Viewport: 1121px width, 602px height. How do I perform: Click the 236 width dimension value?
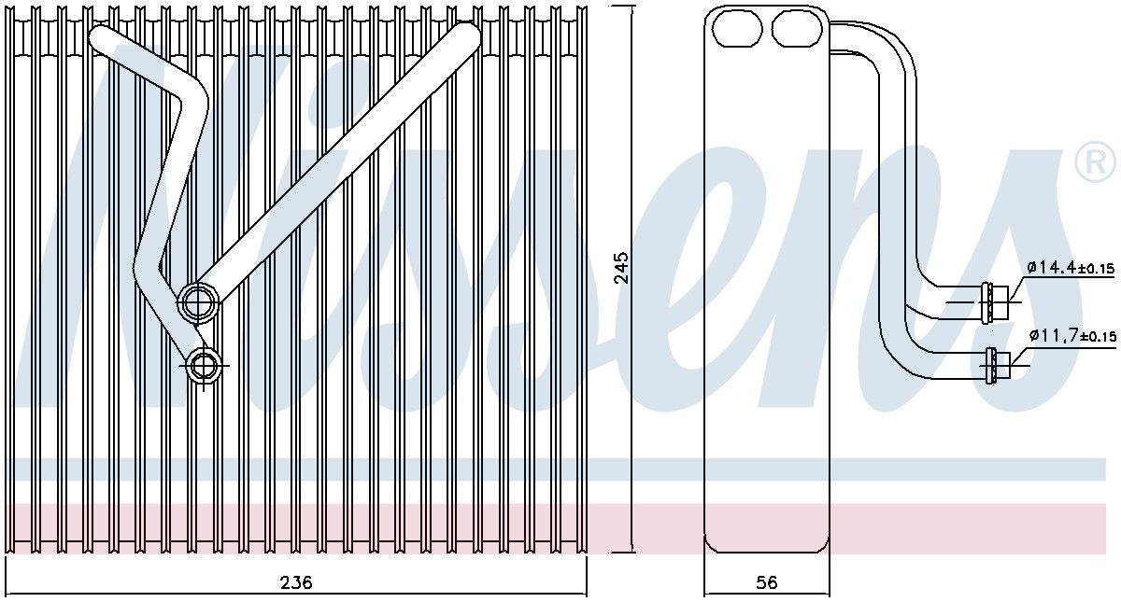(296, 582)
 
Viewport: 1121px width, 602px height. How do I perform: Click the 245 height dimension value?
(621, 268)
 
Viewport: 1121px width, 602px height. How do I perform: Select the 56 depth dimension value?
(766, 582)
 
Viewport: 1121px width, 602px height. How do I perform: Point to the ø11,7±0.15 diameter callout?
(1072, 334)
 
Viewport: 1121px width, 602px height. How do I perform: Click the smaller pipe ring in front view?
(203, 365)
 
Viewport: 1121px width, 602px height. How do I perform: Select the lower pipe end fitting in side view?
(995, 365)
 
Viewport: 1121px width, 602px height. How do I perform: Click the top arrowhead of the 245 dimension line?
(634, 7)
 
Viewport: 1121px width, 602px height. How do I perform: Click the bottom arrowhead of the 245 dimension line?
(634, 550)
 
